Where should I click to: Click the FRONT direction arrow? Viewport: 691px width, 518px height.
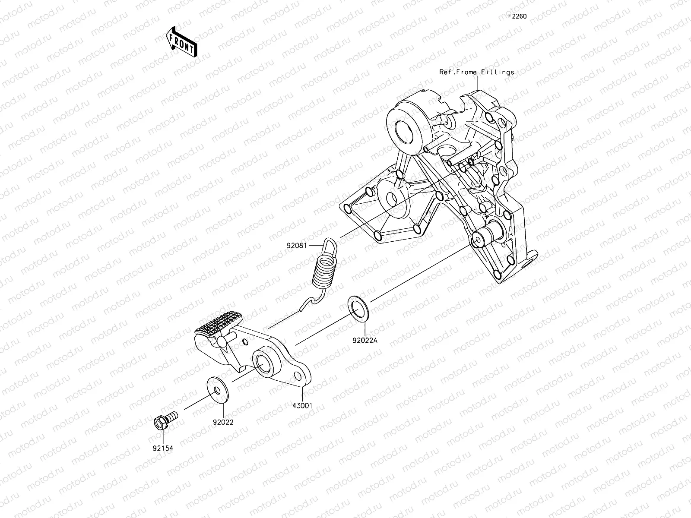point(181,42)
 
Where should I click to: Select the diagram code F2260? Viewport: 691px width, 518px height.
point(517,17)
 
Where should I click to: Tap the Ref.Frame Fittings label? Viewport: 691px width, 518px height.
point(477,72)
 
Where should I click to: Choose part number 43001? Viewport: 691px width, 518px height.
point(302,405)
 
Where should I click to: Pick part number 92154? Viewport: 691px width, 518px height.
point(162,448)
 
